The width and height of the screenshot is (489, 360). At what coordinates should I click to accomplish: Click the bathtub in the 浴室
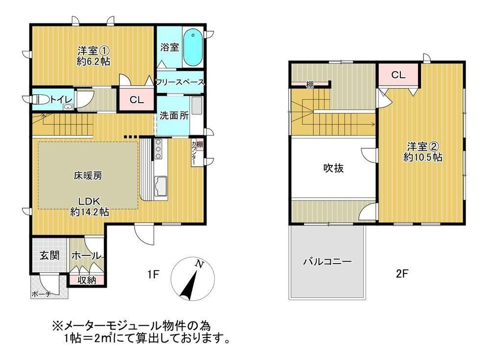tap(193, 47)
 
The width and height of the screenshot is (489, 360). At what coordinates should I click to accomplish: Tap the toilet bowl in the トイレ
tap(41, 100)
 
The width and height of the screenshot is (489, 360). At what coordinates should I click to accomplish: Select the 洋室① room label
tap(93, 51)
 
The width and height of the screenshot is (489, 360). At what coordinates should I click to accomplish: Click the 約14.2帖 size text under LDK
tap(90, 212)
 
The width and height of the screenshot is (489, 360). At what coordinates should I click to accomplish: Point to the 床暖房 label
tap(88, 176)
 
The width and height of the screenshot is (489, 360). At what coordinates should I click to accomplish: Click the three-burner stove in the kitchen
tap(159, 149)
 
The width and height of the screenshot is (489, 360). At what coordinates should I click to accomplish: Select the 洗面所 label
tap(174, 115)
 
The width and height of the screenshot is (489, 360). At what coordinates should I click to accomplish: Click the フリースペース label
tap(180, 82)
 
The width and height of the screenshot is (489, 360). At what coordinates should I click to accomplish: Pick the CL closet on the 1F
tap(137, 100)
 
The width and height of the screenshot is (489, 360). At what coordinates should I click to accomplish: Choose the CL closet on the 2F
tap(398, 75)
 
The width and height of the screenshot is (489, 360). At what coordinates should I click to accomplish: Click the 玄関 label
tap(49, 256)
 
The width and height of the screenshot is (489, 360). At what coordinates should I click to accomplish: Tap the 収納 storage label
tap(87, 280)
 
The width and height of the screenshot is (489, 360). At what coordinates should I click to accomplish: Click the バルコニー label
tap(327, 261)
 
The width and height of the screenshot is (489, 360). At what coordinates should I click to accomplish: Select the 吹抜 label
tap(333, 168)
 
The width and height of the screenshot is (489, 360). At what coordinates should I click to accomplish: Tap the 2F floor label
tap(402, 274)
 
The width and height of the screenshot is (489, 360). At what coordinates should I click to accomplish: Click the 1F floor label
tap(153, 274)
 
